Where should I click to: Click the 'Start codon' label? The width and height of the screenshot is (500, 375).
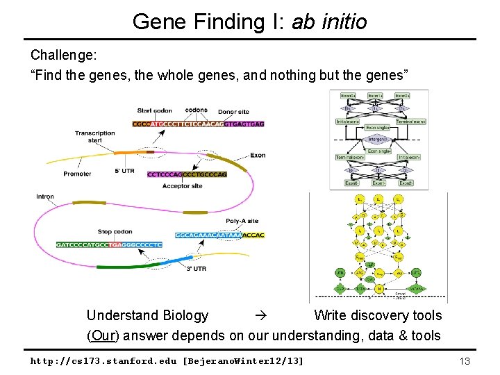coord(154,110)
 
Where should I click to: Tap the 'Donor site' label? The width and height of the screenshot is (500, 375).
coord(233,111)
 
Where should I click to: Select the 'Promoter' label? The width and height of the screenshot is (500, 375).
coord(77,174)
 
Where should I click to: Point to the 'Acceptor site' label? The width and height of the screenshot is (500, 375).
coord(183,186)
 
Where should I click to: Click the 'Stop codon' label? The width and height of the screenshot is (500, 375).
coord(115,232)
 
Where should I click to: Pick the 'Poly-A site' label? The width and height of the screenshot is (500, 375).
coord(242,221)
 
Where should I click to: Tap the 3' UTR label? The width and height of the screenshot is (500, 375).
coord(195,269)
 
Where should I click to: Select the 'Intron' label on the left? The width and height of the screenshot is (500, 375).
coord(45,197)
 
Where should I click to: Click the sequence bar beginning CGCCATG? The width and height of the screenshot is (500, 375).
coord(198,124)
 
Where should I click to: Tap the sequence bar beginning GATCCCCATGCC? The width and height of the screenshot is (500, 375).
coord(109,244)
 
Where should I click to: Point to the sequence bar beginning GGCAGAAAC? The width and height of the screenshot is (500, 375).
coord(219,235)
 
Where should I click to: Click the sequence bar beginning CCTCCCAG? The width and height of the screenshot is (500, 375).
coord(187,174)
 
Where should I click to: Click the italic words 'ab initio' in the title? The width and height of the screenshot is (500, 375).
coord(328,22)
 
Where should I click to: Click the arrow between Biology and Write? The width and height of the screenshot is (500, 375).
coord(260,316)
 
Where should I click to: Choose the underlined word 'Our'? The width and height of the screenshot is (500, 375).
coord(102,336)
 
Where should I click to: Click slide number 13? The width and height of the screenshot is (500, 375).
coord(465,361)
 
